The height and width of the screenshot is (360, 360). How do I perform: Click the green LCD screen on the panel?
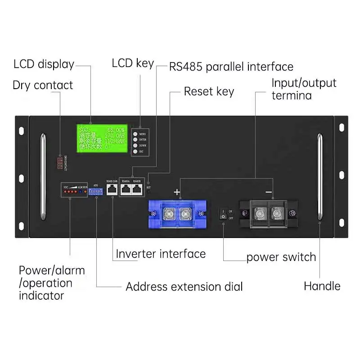click(101, 137)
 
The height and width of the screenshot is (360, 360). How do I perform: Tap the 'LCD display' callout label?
click(44, 64)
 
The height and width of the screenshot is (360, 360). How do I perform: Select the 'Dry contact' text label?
click(43, 85)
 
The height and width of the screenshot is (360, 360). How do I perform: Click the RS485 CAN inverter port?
click(112, 190)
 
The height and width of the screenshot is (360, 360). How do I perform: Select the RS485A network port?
click(126, 190)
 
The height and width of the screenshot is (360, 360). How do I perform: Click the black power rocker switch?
click(222, 214)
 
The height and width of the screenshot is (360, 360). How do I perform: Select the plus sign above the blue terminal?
click(177, 192)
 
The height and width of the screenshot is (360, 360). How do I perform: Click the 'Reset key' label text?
click(209, 91)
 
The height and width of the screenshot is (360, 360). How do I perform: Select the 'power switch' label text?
click(281, 257)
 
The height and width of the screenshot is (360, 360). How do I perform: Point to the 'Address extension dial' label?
click(184, 287)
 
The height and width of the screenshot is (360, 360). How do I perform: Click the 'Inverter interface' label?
click(161, 254)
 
